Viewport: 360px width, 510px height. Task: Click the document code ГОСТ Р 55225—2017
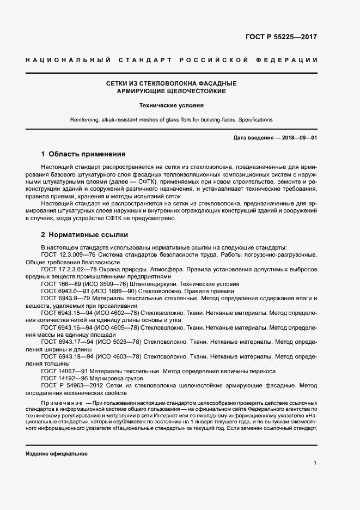(x=281, y=38)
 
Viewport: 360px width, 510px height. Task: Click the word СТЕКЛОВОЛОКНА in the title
(x=167, y=83)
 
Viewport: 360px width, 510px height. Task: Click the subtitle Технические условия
(x=171, y=106)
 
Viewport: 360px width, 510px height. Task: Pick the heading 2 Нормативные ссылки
(x=84, y=235)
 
